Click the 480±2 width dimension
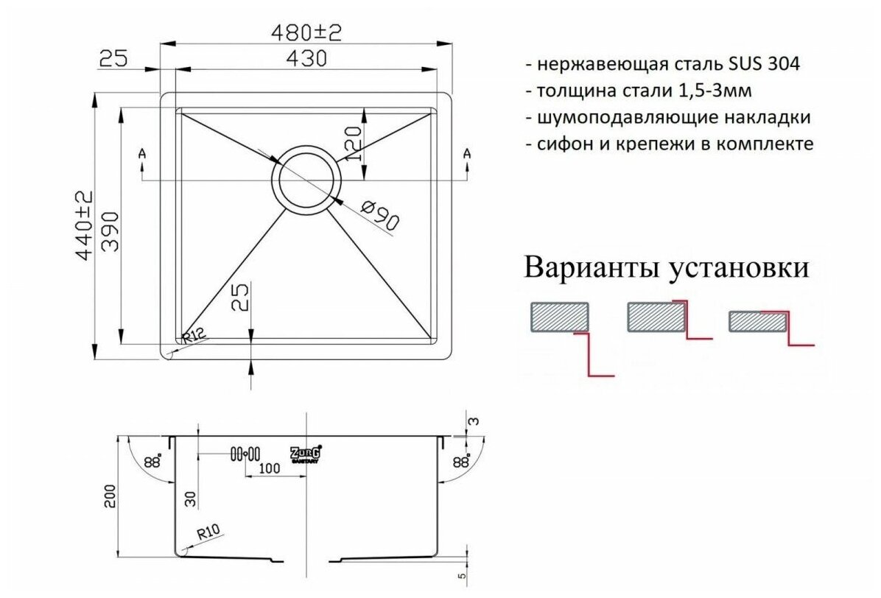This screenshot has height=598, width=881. (306, 32)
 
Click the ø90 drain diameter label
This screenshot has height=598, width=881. (380, 217)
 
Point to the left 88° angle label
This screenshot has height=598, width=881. (152, 462)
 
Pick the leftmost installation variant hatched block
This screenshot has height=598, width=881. (559, 317)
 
